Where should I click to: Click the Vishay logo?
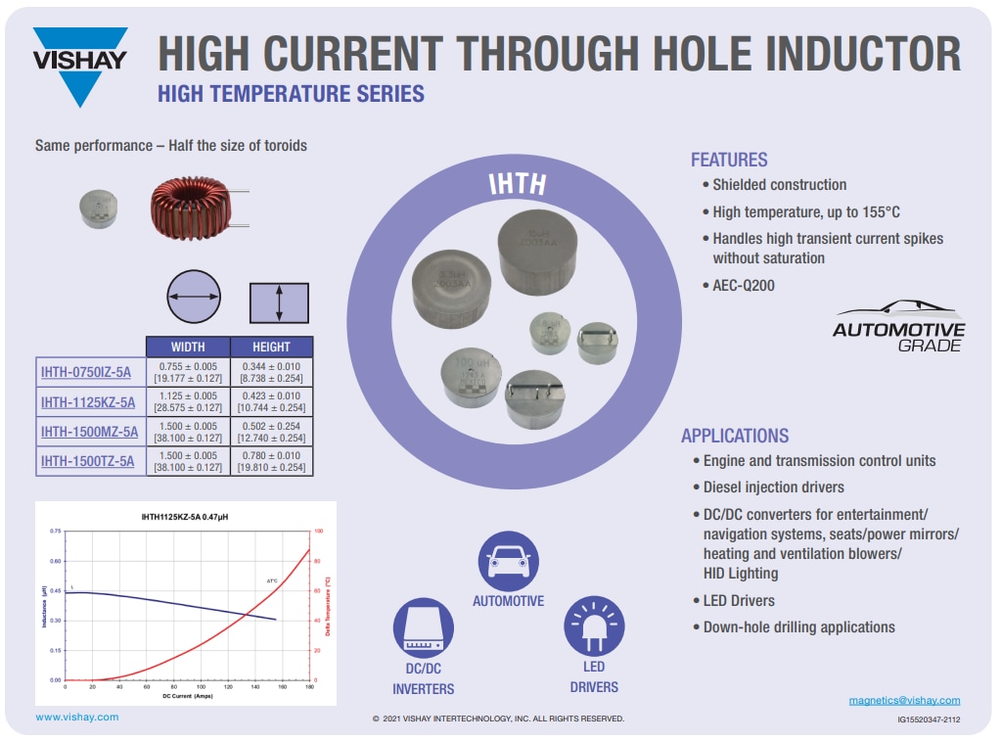80,64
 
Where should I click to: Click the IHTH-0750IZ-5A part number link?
86,372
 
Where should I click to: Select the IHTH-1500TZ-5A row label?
87,461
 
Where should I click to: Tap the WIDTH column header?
188,347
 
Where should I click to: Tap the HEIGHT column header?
271,347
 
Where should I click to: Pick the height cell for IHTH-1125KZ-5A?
272,401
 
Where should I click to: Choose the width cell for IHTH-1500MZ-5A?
188,432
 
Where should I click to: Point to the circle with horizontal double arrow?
194,298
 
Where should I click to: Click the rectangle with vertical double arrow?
279,302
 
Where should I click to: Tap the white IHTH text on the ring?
518,186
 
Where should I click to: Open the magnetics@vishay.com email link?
904,700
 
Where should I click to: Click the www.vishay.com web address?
77,717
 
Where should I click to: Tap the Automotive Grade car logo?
898,327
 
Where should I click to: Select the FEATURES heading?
729,160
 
